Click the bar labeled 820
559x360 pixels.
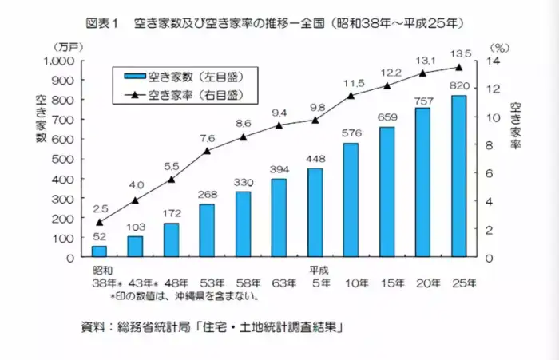pos(459,176)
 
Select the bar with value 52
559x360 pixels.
pos(100,251)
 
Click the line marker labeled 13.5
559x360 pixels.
pos(459,67)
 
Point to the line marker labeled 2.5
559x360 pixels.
pos(100,222)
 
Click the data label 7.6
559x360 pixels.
pos(206,137)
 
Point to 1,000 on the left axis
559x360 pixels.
pos(57,61)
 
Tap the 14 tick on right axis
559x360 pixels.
pos(493,61)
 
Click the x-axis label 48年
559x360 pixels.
pos(176,283)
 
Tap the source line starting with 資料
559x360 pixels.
pos(212,328)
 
